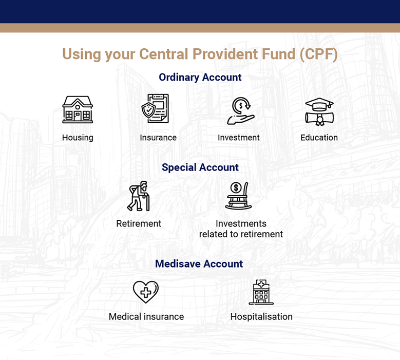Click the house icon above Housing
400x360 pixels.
click(x=78, y=109)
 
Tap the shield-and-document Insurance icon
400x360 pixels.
click(x=155, y=108)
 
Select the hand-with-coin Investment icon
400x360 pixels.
click(x=240, y=111)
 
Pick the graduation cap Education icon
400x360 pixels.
click(x=319, y=111)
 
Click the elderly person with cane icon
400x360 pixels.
click(x=139, y=196)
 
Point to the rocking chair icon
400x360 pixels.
click(x=238, y=196)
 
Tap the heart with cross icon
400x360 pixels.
click(x=146, y=292)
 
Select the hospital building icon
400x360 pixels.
click(x=261, y=292)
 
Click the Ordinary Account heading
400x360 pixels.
click(x=200, y=78)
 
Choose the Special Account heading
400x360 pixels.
click(x=200, y=167)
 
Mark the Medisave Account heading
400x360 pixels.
click(x=199, y=264)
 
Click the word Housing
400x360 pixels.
click(x=78, y=138)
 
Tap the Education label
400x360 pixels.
click(x=319, y=138)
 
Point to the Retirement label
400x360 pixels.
click(x=139, y=224)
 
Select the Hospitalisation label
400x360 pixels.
click(x=261, y=317)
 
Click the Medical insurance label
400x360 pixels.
click(x=146, y=317)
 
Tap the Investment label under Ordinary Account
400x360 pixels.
click(x=239, y=138)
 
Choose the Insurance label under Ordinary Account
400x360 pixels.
click(x=158, y=138)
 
